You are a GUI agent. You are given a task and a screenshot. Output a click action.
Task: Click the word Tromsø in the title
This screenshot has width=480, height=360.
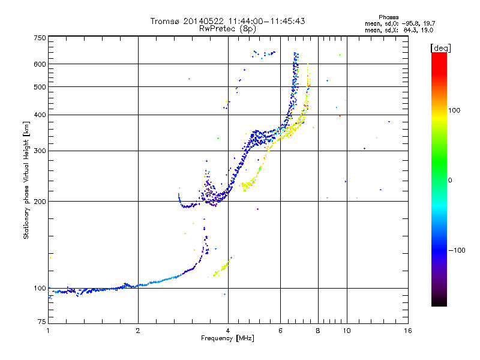point(164,21)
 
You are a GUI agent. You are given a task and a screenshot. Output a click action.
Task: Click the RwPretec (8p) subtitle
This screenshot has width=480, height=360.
point(227,29)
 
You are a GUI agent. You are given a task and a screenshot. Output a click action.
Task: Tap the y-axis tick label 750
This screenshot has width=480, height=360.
point(40,38)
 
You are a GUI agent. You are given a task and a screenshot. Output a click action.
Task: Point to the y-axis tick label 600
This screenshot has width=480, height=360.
point(40,64)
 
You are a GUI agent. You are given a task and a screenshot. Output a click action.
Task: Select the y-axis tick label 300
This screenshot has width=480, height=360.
point(40,151)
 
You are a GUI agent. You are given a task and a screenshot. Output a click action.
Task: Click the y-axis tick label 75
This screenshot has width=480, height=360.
point(42,322)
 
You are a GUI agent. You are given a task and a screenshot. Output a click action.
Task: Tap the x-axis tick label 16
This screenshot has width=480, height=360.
point(408,331)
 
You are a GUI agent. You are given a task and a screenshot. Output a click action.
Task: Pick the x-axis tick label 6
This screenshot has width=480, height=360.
point(280,331)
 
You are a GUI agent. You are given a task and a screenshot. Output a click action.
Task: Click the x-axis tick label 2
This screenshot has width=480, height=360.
point(138,331)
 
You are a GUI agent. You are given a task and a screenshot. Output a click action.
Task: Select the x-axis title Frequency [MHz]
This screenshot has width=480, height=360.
point(227,338)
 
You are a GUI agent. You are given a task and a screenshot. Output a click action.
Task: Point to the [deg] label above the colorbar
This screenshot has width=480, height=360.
point(440,48)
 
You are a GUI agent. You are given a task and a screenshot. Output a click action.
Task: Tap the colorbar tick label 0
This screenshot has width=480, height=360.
point(450,180)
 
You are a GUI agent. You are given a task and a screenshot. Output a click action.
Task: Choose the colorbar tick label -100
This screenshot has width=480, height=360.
point(457,250)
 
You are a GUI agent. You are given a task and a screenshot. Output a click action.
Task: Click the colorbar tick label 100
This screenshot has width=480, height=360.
point(454,110)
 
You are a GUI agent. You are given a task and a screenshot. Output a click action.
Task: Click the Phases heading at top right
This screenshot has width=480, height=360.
point(388,17)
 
